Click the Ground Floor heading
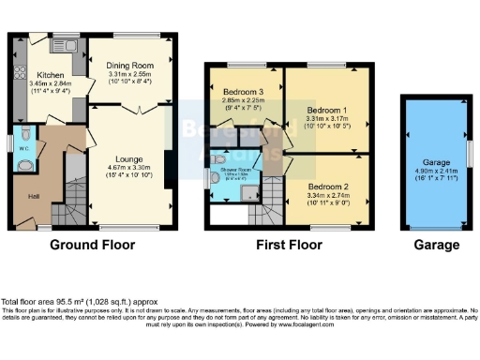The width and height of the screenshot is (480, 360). click(92, 245)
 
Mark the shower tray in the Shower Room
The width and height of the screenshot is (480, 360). click(248, 193)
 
